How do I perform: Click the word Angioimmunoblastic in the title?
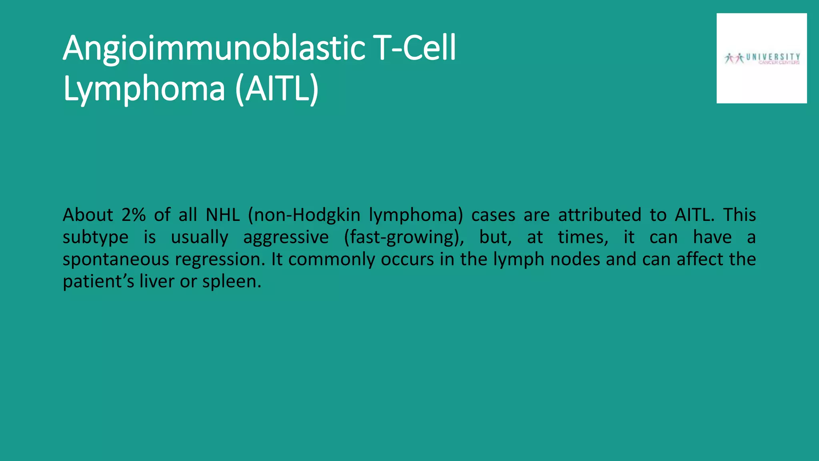[x=214, y=49]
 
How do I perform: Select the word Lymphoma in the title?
[x=144, y=89]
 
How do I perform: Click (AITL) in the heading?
[x=277, y=89]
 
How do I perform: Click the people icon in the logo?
[x=734, y=58]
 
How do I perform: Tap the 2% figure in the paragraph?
[x=133, y=215]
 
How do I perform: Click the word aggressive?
[x=286, y=237]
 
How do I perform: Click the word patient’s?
[x=98, y=282]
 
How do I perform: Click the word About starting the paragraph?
[x=88, y=215]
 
